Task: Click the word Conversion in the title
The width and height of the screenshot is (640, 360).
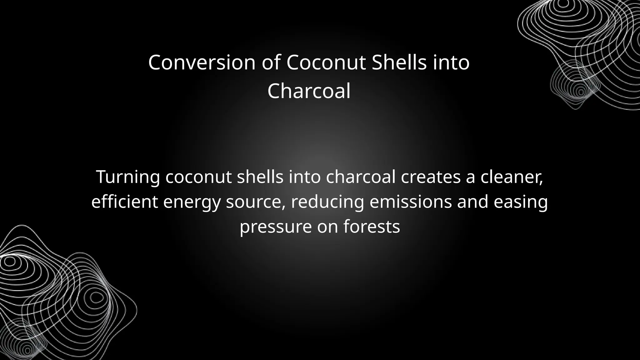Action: pyautogui.click(x=202, y=62)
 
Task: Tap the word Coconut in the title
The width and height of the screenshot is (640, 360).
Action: pyautogui.click(x=326, y=62)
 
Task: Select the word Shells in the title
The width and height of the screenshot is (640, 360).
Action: pyautogui.click(x=399, y=62)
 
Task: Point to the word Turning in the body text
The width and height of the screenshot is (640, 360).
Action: pyautogui.click(x=128, y=177)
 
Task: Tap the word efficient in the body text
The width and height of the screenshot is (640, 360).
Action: pyautogui.click(x=124, y=202)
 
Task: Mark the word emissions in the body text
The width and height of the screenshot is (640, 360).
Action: pyautogui.click(x=411, y=202)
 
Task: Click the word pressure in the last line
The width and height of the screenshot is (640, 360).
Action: pyautogui.click(x=276, y=227)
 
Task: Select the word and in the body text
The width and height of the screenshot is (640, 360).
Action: pyautogui.click(x=473, y=202)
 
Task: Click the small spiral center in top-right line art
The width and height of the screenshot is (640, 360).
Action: pyautogui.click(x=581, y=92)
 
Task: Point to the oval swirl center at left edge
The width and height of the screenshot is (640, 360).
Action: pyautogui.click(x=10, y=261)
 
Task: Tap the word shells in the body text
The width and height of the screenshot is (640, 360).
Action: pyautogui.click(x=260, y=177)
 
